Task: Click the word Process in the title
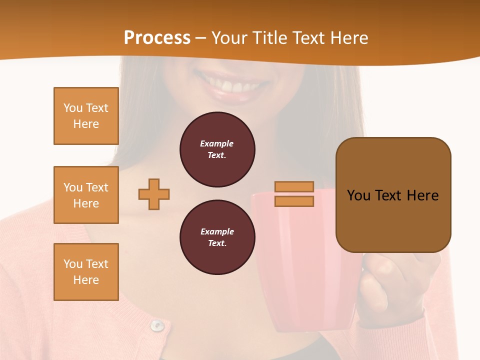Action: (x=157, y=38)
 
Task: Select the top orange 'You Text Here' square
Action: (x=86, y=116)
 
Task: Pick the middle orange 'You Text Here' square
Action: (x=86, y=195)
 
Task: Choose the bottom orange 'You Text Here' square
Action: (x=86, y=272)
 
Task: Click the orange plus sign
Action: (x=154, y=194)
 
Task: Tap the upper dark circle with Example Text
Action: (x=217, y=149)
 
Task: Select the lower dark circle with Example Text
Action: (x=217, y=237)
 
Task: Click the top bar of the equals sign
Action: (x=294, y=186)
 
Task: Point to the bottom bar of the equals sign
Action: (x=294, y=201)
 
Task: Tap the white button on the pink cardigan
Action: (x=157, y=325)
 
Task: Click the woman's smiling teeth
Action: (x=231, y=86)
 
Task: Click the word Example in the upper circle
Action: (x=217, y=143)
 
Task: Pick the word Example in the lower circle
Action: (x=217, y=231)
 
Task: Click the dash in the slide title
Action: (x=201, y=38)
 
